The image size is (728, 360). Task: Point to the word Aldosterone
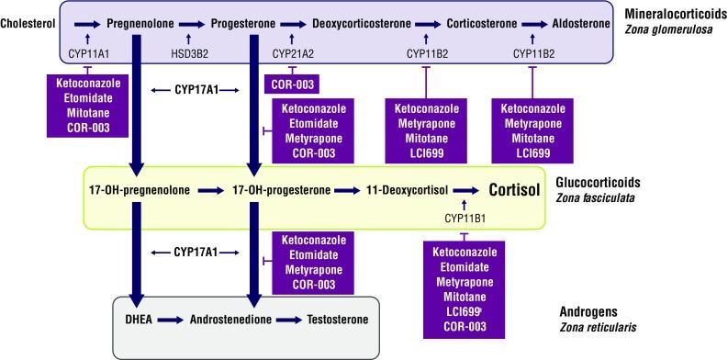(x=580, y=21)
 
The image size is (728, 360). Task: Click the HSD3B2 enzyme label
(x=190, y=54)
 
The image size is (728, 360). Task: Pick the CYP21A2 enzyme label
(x=293, y=54)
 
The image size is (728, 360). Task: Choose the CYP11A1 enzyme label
(x=88, y=54)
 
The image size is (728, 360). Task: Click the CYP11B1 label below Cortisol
(x=464, y=218)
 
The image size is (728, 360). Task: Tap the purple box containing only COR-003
(x=293, y=84)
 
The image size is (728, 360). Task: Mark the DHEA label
(x=139, y=321)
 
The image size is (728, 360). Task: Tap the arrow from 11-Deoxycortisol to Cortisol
(x=464, y=191)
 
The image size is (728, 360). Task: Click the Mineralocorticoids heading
(x=668, y=16)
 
